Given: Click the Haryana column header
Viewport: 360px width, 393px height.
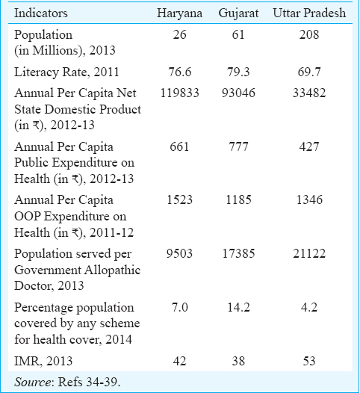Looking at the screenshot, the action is point(179,13).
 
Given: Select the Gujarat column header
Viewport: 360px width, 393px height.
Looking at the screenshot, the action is point(238,13).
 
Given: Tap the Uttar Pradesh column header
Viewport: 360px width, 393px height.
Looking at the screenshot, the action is point(309,13).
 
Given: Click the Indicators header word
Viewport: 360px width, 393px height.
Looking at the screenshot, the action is point(41,13).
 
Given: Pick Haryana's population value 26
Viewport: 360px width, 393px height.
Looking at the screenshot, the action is point(179,34).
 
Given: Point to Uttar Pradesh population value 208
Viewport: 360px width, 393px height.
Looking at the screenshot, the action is point(309,34).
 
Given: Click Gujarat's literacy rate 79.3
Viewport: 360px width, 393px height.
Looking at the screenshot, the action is point(238,72).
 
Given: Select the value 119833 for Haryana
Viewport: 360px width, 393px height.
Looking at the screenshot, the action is point(179,93).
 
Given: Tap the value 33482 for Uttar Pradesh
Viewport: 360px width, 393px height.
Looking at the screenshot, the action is point(309,93).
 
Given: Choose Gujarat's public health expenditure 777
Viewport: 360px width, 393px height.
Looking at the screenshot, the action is point(238,146).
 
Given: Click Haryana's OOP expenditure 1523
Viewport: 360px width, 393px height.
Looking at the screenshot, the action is point(179,199).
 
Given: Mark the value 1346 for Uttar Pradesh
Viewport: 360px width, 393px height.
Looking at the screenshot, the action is point(309,199).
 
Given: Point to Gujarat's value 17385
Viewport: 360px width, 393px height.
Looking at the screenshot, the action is point(238,253).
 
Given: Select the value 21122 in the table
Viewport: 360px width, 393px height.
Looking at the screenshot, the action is point(309,253).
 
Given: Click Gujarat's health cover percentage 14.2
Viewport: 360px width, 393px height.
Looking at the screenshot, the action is point(238,307).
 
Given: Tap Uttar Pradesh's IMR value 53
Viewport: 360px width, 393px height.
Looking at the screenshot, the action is point(309,361).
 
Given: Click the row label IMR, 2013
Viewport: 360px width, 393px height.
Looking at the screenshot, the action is point(43,361).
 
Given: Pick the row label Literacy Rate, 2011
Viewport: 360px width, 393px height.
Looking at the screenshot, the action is point(66,72).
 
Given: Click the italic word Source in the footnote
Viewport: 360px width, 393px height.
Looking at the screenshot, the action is point(33,383).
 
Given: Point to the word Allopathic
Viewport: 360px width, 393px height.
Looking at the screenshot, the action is point(113,270).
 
